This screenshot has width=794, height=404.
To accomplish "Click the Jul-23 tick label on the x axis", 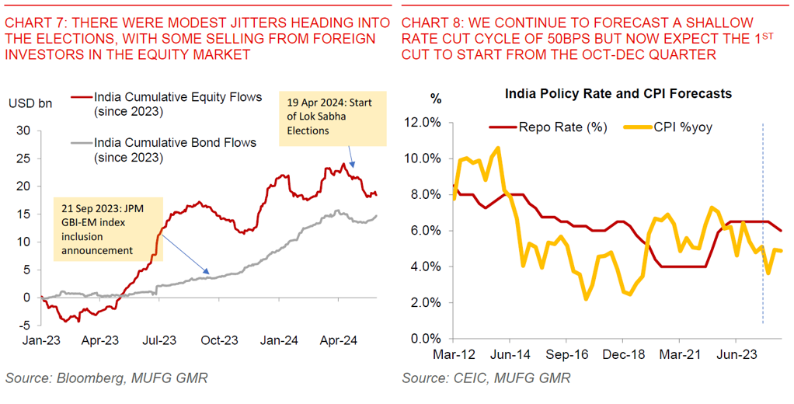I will pos(161,340).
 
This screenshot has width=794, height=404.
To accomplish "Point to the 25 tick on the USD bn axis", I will pos(23,158).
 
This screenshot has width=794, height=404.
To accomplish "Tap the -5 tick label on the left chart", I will pos(25,326).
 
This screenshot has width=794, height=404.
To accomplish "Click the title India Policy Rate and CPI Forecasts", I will pos(618,94).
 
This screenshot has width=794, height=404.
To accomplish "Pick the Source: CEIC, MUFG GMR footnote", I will pos(486,378).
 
